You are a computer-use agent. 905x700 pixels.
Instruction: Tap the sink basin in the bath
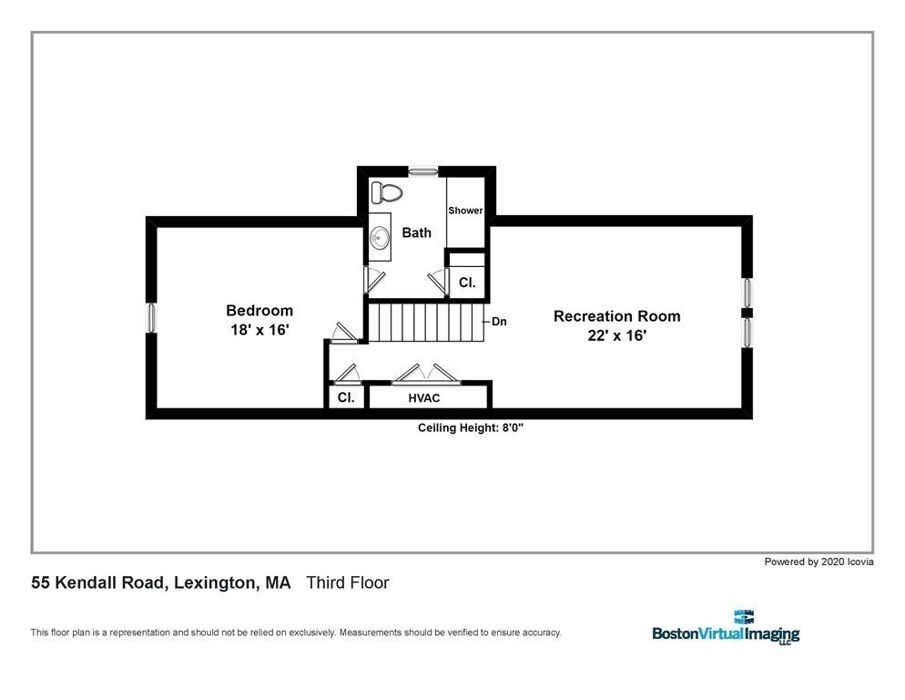(x=381, y=237)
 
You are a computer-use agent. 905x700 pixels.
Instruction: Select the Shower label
(x=464, y=211)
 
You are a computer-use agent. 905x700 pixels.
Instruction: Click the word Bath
(x=417, y=232)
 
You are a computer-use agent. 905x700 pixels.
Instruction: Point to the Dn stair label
(x=499, y=322)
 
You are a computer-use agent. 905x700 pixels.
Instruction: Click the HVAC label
(x=425, y=398)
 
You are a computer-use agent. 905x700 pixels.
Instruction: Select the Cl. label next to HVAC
(x=346, y=398)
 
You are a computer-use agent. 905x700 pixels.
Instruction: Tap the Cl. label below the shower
(x=467, y=283)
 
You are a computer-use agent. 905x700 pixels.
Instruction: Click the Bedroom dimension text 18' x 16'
(x=259, y=331)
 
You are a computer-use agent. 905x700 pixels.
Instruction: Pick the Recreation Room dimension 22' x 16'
(x=616, y=336)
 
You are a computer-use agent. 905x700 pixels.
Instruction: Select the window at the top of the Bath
(x=422, y=170)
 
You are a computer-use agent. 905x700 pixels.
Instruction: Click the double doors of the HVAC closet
(x=426, y=374)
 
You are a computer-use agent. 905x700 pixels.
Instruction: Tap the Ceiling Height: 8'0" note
(x=471, y=427)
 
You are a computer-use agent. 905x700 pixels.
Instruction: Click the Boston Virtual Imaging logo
(x=726, y=628)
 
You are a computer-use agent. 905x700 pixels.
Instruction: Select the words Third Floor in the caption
(x=348, y=582)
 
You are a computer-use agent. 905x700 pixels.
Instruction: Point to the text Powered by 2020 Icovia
(x=819, y=562)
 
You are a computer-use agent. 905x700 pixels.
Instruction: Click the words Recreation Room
(x=616, y=316)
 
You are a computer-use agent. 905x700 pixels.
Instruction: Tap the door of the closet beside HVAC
(x=346, y=375)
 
